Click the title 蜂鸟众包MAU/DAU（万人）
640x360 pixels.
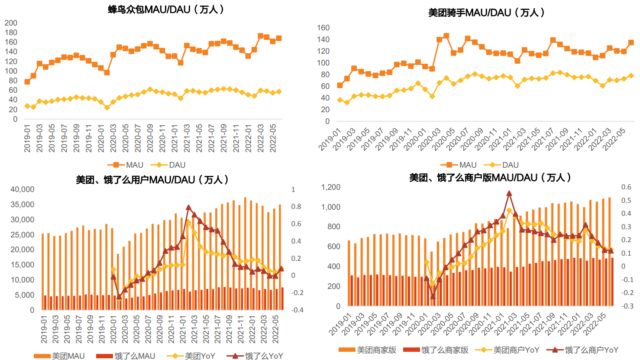click(166, 9)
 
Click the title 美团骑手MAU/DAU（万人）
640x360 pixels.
click(486, 13)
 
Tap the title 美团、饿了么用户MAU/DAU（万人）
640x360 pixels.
click(152, 180)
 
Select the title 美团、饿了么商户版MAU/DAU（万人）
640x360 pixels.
click(490, 178)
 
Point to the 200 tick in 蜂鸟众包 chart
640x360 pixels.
click(11, 23)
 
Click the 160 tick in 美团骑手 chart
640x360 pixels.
click(323, 28)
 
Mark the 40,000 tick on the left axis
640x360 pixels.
click(22, 189)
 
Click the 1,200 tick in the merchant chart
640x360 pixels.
click(331, 187)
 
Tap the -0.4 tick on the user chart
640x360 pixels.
click(297, 310)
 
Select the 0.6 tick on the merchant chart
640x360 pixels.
click(626, 187)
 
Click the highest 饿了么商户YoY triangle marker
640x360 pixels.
click(509, 194)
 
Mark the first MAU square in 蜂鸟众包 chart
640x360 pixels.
click(27, 82)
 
